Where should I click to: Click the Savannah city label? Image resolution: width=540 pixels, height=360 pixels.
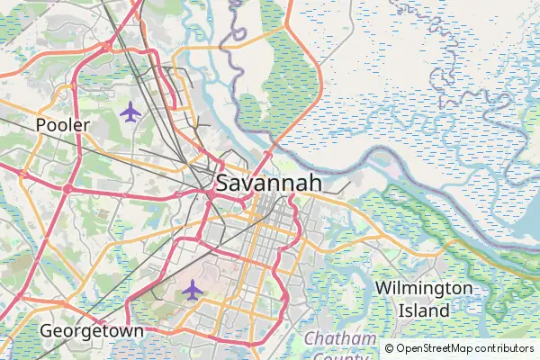[x=268, y=184]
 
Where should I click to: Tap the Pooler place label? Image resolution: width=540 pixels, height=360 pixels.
[x=63, y=125]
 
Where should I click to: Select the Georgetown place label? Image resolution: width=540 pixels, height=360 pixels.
[x=92, y=332]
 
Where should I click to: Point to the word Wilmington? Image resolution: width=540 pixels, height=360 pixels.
[x=424, y=288]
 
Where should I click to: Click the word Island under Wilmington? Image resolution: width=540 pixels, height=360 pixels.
[x=424, y=310]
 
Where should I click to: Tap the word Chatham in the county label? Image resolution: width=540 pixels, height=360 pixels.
[x=339, y=338]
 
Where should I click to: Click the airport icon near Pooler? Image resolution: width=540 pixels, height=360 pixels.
[x=130, y=112]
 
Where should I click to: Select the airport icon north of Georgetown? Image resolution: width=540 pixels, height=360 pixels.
[x=192, y=290]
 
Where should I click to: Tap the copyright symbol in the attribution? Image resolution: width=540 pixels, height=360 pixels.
[x=389, y=348]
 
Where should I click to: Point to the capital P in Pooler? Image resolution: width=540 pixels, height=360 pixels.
[x=41, y=125]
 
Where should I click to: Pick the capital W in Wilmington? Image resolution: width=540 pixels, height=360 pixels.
[x=383, y=288]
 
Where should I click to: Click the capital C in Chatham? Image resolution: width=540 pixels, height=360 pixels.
[x=310, y=338]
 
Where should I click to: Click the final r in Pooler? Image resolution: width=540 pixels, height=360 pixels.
[x=86, y=126]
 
